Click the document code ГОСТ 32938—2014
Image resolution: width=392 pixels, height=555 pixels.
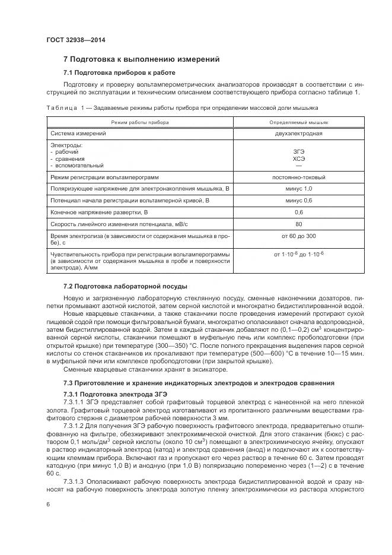pos(71,40)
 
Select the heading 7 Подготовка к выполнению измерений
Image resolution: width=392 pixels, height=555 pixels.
pos(141,59)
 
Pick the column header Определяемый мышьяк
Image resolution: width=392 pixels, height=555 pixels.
pos(298,121)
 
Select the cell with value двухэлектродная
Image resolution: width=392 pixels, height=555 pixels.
pos(298,134)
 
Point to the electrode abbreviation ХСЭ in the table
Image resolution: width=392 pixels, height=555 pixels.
pos(298,159)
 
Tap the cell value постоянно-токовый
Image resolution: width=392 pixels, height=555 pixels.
pos(298,177)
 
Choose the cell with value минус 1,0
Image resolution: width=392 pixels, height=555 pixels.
pos(298,188)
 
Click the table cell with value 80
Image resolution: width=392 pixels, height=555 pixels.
pos(298,224)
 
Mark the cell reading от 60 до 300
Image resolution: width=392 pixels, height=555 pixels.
pos(298,237)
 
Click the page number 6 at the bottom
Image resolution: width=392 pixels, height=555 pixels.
pos(48,503)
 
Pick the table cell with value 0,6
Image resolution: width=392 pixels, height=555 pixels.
pos(298,212)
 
